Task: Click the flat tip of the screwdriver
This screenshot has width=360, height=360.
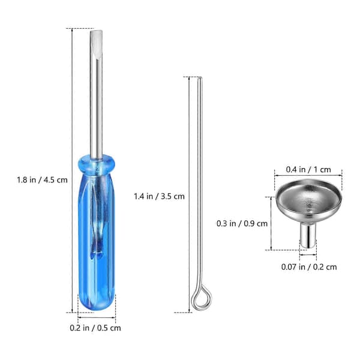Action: click(96, 32)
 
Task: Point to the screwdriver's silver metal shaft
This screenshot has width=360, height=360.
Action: click(96, 95)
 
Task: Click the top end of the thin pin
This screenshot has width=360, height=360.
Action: click(200, 78)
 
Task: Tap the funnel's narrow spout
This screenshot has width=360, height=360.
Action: click(308, 235)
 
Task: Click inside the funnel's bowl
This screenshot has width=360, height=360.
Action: click(308, 199)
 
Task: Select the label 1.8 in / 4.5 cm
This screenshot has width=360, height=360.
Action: click(42, 179)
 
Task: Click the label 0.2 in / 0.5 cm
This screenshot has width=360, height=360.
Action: click(95, 328)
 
